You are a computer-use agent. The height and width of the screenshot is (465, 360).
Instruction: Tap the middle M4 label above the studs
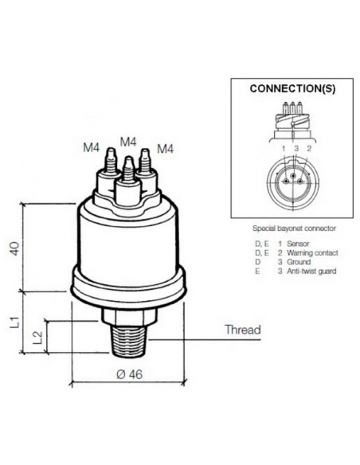pyautogui.click(x=127, y=142)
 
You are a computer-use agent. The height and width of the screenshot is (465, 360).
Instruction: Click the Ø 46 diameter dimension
pyautogui.click(x=129, y=376)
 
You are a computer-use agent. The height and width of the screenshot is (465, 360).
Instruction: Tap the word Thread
pyautogui.click(x=243, y=329)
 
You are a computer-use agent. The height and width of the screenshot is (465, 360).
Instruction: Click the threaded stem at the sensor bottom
pyautogui.click(x=129, y=343)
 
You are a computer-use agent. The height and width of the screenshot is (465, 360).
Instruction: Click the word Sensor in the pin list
pyautogui.click(x=298, y=243)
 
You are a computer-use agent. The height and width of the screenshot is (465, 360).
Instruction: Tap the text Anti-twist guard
pyautogui.click(x=311, y=271)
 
